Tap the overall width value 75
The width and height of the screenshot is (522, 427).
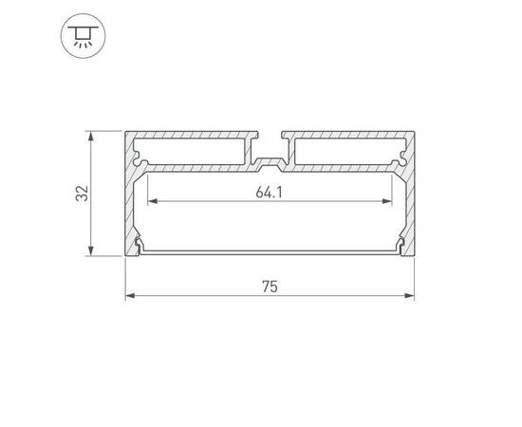tap(270, 287)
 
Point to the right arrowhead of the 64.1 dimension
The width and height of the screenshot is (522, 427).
tap(389, 202)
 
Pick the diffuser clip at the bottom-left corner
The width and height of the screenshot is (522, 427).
tap(140, 249)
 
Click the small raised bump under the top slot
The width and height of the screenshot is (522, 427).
tap(270, 160)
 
